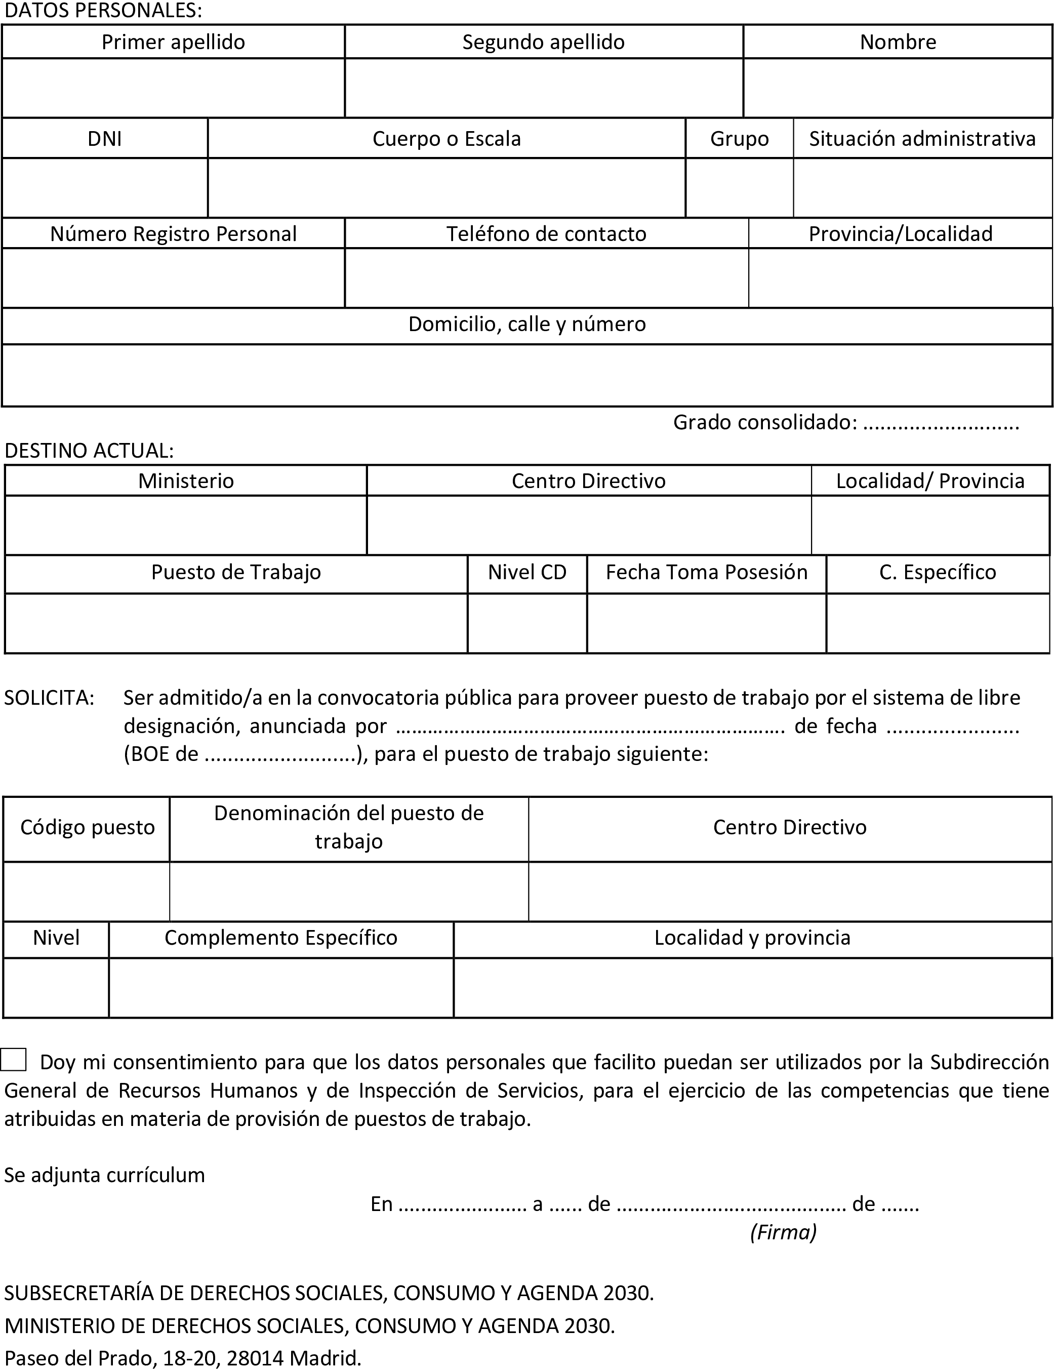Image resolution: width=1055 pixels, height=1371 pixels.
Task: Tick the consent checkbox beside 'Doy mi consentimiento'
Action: click(13, 1060)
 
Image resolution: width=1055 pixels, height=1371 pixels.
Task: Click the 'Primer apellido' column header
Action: click(173, 42)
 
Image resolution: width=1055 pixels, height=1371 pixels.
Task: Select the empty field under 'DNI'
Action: click(105, 188)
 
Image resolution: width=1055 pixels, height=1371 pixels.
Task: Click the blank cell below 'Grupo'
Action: click(739, 188)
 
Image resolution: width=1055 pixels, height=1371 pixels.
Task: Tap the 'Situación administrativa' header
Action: click(922, 138)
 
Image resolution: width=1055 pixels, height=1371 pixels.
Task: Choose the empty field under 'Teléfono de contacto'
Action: click(546, 278)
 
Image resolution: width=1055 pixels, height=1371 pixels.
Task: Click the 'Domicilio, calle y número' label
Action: click(527, 324)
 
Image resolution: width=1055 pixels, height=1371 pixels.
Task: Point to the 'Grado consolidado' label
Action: click(765, 422)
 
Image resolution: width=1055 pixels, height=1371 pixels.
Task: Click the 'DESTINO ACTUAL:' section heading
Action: click(89, 451)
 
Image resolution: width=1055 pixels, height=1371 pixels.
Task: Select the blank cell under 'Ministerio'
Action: click(186, 526)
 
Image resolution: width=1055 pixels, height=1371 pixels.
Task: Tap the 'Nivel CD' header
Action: click(527, 572)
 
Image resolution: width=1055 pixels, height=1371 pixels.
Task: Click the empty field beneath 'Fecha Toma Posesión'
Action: click(706, 623)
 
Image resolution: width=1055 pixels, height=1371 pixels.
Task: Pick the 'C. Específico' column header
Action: click(938, 572)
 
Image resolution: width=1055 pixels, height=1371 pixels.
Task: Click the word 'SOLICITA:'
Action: click(50, 698)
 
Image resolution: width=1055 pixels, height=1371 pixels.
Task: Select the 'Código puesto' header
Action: click(87, 827)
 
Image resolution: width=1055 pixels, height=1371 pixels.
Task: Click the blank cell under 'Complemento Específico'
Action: click(280, 987)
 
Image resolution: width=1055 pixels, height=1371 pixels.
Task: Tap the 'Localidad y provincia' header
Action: click(752, 938)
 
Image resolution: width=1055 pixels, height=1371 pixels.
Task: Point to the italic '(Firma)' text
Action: click(783, 1232)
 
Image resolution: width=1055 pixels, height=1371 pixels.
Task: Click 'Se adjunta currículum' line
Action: click(105, 1175)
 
